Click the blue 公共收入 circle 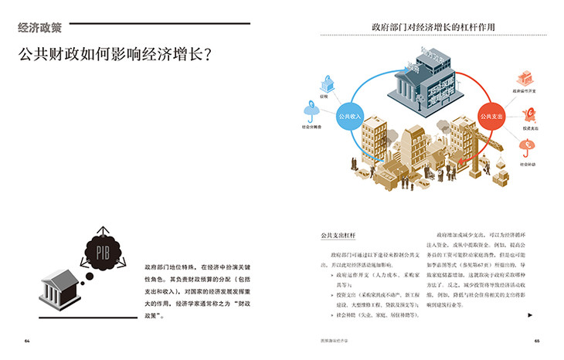(x=350, y=117)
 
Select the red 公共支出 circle (x=491, y=117)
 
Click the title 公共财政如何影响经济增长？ (x=116, y=56)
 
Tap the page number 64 (x=27, y=341)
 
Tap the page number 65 (x=536, y=341)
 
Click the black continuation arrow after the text (x=529, y=315)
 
